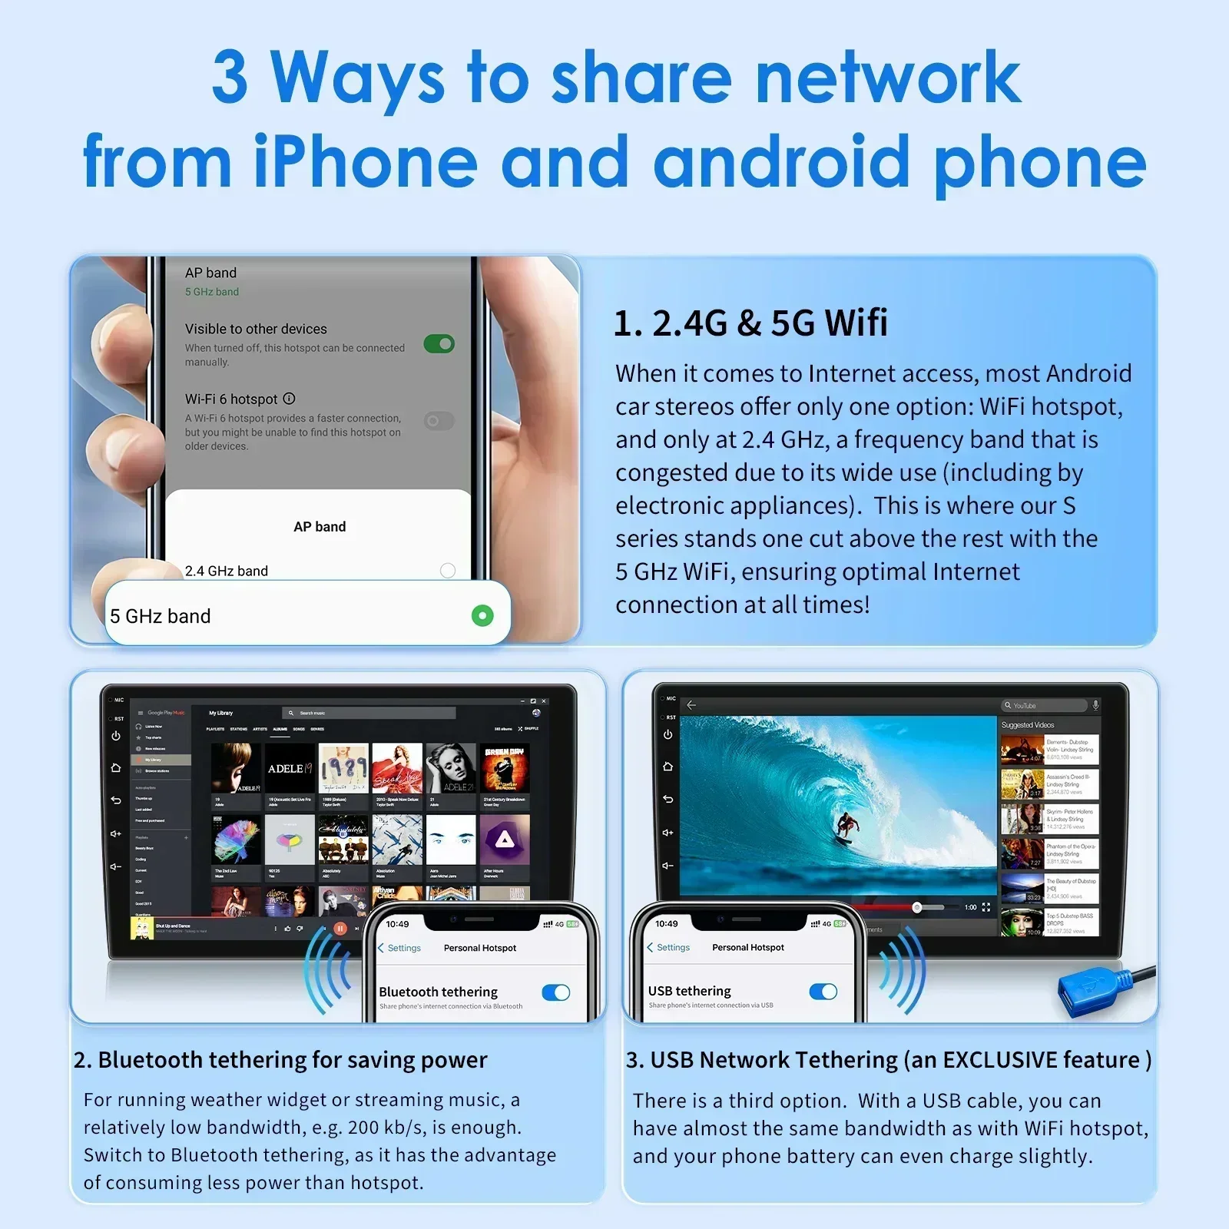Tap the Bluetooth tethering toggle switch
click(555, 992)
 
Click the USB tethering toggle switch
click(823, 992)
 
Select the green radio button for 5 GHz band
click(482, 615)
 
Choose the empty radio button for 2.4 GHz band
click(448, 570)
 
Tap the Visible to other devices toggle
click(439, 343)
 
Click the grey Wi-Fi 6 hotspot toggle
click(439, 420)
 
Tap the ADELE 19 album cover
click(289, 768)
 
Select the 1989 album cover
click(343, 768)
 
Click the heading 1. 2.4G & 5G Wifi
click(750, 323)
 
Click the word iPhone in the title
click(366, 161)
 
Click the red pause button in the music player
click(340, 928)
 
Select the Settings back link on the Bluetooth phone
click(399, 948)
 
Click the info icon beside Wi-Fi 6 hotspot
click(289, 399)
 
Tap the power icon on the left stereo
click(116, 736)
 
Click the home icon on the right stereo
click(668, 767)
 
